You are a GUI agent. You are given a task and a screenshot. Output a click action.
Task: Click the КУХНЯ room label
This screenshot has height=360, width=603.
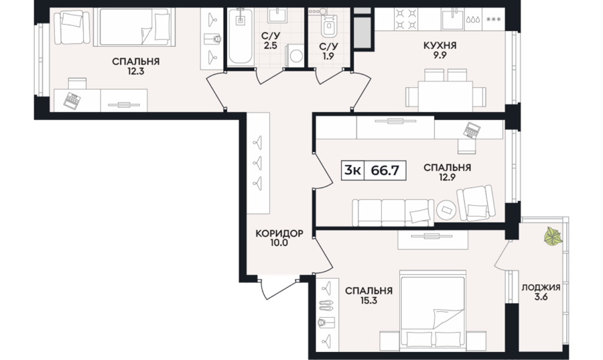(440, 46)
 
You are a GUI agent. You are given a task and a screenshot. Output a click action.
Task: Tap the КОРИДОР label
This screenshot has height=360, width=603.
(279, 233)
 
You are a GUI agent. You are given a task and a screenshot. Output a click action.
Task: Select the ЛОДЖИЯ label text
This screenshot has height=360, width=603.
(541, 288)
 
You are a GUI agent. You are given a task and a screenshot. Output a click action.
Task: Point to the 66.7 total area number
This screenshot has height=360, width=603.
(385, 170)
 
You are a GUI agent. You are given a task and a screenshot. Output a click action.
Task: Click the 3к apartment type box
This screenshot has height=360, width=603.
(352, 170)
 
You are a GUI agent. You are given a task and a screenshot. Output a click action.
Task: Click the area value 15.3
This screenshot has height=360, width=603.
(368, 300)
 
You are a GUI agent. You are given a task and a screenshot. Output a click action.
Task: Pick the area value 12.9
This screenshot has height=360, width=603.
(447, 177)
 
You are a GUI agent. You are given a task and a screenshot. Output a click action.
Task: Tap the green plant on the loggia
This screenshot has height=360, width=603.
(553, 236)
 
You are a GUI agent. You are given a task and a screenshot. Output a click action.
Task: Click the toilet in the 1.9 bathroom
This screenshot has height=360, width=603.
(329, 24)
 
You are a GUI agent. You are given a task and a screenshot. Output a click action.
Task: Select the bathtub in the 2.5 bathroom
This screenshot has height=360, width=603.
(241, 36)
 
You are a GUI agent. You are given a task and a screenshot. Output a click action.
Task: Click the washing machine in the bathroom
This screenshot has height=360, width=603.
(295, 56)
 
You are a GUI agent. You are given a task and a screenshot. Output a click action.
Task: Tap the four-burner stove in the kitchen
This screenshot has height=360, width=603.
(406, 19)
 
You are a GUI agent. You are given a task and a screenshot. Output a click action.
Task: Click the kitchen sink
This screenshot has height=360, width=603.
(452, 19)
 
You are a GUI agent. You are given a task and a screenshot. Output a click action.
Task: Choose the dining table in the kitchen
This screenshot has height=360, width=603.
(446, 96)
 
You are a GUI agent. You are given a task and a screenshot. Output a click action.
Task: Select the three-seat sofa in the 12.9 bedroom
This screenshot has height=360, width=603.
(393, 213)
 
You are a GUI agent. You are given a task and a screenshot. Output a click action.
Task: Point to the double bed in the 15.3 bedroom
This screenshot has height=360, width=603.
(433, 310)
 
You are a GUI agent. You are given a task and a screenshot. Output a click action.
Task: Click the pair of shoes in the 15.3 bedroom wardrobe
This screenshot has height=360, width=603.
(326, 305)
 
